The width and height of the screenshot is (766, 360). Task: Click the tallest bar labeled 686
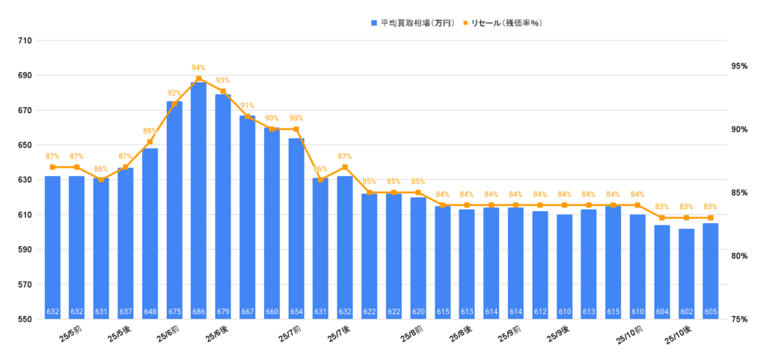[198, 202]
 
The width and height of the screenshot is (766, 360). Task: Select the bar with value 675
[174, 210]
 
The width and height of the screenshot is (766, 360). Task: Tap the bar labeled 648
[150, 232]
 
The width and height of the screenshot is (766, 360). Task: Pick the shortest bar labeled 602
[686, 273]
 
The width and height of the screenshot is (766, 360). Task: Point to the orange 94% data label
[198, 67]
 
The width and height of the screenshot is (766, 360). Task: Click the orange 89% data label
[150, 131]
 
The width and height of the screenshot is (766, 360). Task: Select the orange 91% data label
[248, 106]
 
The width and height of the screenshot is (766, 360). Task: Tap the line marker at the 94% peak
[198, 79]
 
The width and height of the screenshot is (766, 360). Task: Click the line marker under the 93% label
[223, 91]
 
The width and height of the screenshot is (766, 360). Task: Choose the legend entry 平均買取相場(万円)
[412, 23]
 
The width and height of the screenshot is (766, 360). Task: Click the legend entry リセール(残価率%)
[502, 23]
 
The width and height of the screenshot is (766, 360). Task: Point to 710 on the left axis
[24, 40]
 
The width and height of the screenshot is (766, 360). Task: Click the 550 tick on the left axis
[24, 320]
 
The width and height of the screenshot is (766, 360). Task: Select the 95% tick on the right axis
[740, 67]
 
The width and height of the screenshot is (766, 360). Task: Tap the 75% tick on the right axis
[740, 320]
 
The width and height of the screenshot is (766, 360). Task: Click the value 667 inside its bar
[248, 312]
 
